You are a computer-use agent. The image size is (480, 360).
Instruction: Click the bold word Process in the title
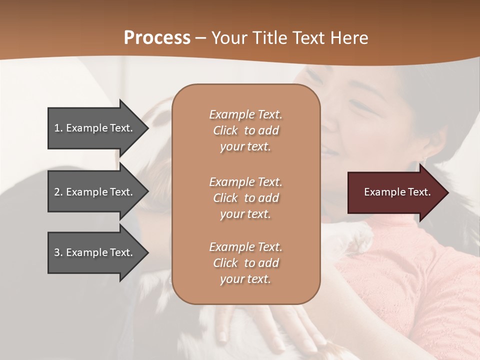(x=157, y=38)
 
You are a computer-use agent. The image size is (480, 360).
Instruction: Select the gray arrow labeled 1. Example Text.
(x=95, y=128)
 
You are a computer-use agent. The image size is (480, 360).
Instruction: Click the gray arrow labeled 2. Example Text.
(x=95, y=192)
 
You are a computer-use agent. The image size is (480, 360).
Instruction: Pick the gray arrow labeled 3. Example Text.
(x=95, y=252)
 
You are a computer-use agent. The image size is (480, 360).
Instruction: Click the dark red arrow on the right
(x=395, y=192)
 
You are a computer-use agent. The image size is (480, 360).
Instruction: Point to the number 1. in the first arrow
(x=58, y=128)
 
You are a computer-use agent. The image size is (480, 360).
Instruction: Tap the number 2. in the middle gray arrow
(x=58, y=192)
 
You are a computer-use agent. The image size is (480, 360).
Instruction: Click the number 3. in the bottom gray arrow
(x=58, y=252)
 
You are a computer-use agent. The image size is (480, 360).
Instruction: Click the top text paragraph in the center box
(x=245, y=130)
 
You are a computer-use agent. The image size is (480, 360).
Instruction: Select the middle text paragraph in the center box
(x=245, y=198)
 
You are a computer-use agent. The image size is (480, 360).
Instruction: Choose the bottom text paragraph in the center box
(x=245, y=263)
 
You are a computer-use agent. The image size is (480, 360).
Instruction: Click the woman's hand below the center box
(x=280, y=325)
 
